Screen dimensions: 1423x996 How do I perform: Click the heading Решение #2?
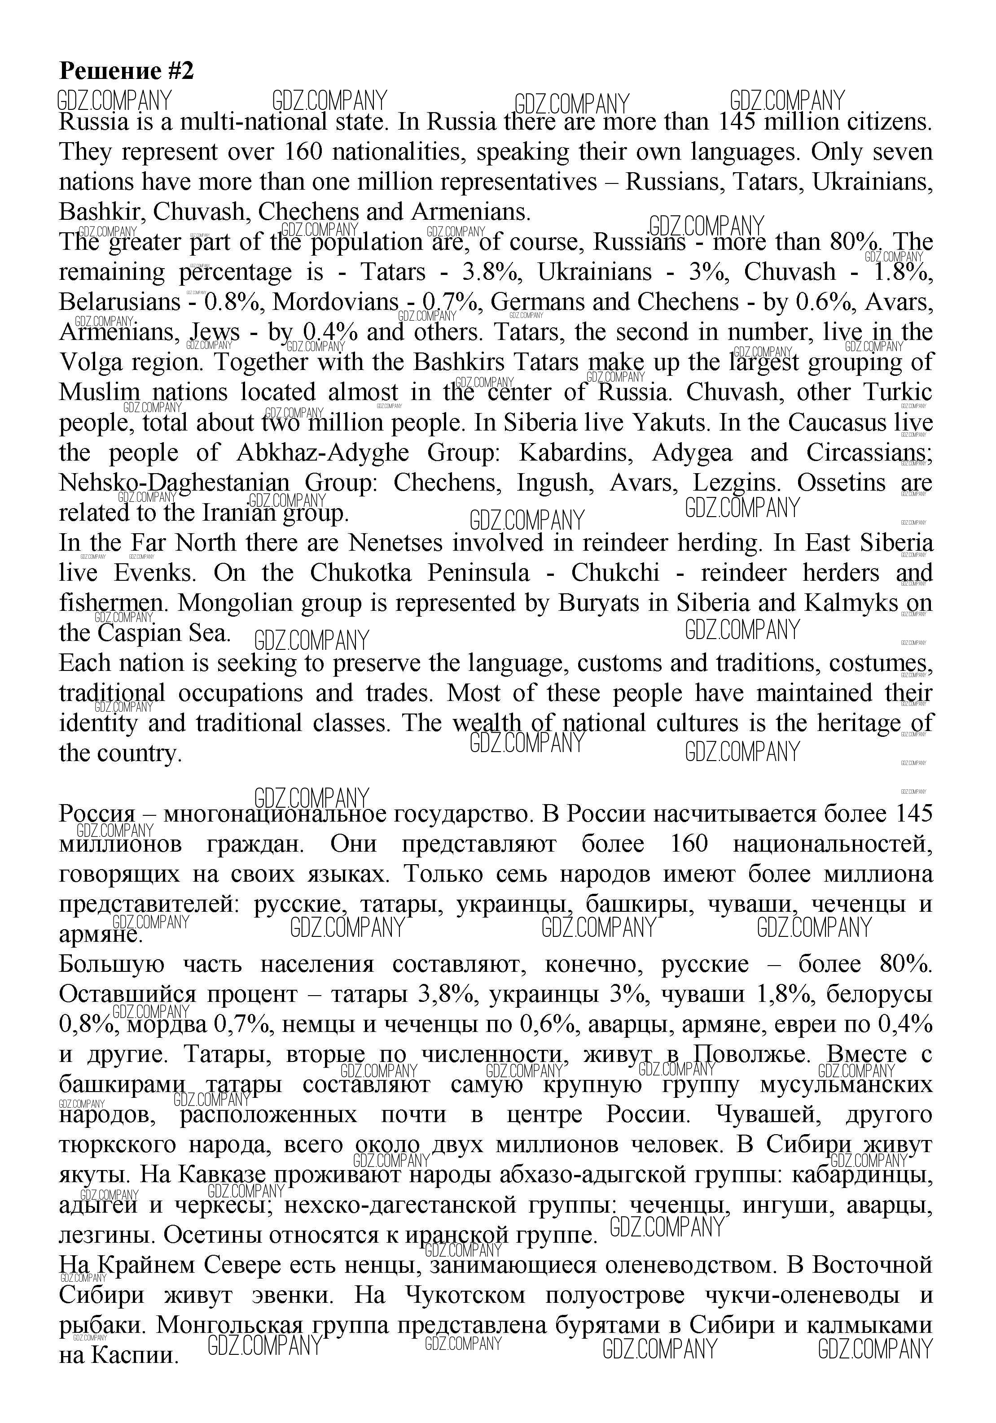[126, 71]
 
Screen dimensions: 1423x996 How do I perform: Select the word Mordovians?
[335, 302]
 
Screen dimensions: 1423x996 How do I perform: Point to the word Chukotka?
[360, 573]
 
